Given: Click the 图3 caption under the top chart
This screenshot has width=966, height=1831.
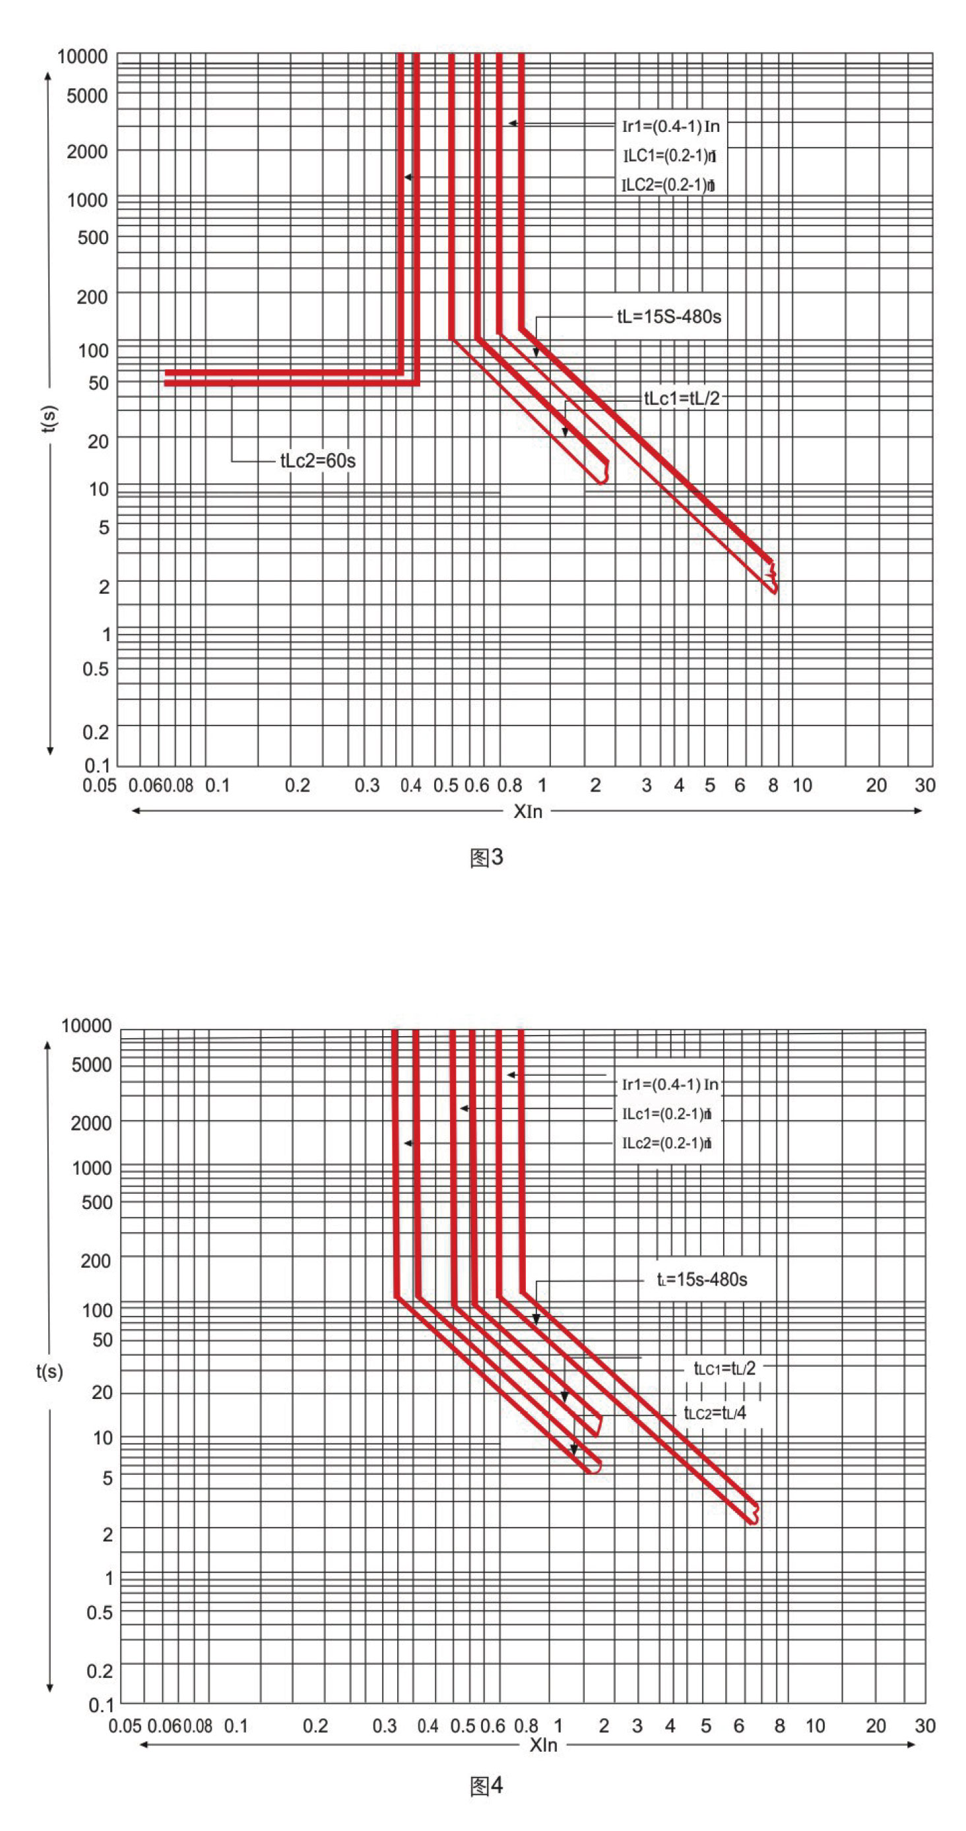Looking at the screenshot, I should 486,858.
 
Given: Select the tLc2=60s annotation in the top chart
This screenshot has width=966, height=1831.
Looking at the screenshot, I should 318,461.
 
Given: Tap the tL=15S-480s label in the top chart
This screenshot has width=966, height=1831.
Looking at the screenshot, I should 669,317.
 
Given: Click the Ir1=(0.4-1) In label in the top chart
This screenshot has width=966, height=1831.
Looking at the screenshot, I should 670,127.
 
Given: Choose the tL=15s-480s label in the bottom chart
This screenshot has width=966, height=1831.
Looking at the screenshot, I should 701,1280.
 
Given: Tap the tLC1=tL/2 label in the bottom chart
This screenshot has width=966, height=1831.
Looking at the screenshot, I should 724,1368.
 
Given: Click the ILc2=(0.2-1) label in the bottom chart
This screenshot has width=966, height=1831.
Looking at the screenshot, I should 666,1143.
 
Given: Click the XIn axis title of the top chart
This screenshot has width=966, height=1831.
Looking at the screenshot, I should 527,812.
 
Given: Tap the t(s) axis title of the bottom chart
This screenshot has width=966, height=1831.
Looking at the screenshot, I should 49,1371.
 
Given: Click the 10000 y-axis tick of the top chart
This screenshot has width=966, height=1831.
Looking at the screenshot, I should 82,57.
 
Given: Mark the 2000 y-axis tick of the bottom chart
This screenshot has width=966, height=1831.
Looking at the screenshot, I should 91,1123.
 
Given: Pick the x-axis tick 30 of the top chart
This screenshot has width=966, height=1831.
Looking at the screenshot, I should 924,786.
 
